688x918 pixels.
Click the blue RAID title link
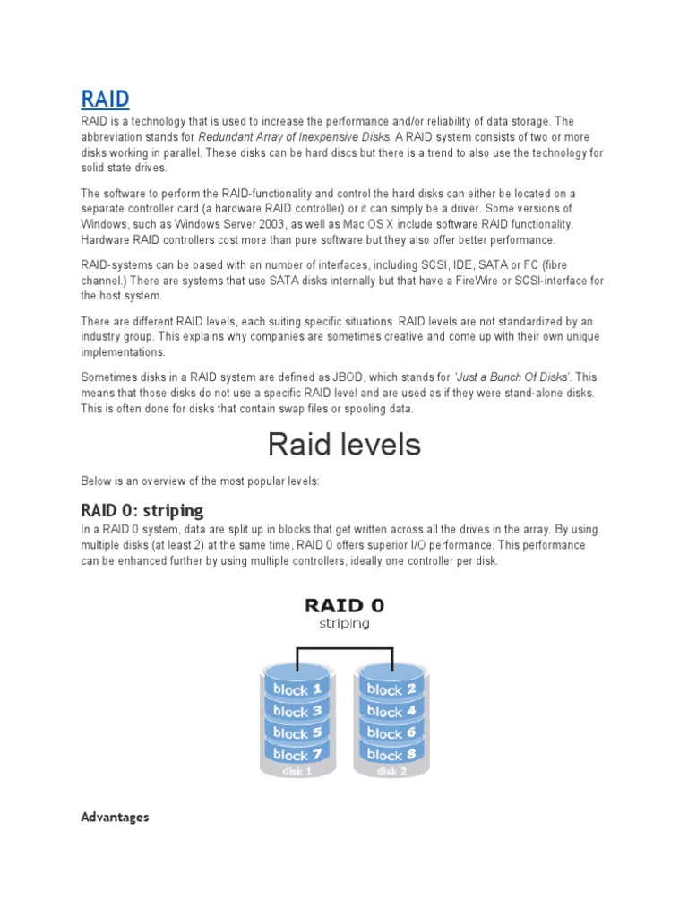point(105,98)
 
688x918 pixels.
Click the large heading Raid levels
point(344,444)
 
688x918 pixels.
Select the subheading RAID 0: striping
point(142,510)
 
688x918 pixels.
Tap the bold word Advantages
point(114,817)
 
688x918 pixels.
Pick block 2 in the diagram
point(391,689)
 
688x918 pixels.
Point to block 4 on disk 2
point(391,711)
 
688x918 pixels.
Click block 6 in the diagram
point(391,732)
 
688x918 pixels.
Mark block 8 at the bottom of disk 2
point(391,754)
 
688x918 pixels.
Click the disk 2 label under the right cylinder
point(391,771)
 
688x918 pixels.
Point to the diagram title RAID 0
point(344,605)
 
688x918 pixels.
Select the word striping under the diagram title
point(344,624)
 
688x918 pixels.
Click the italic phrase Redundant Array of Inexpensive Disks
point(294,137)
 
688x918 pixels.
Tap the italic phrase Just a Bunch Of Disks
point(512,377)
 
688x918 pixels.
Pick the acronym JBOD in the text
point(337,377)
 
